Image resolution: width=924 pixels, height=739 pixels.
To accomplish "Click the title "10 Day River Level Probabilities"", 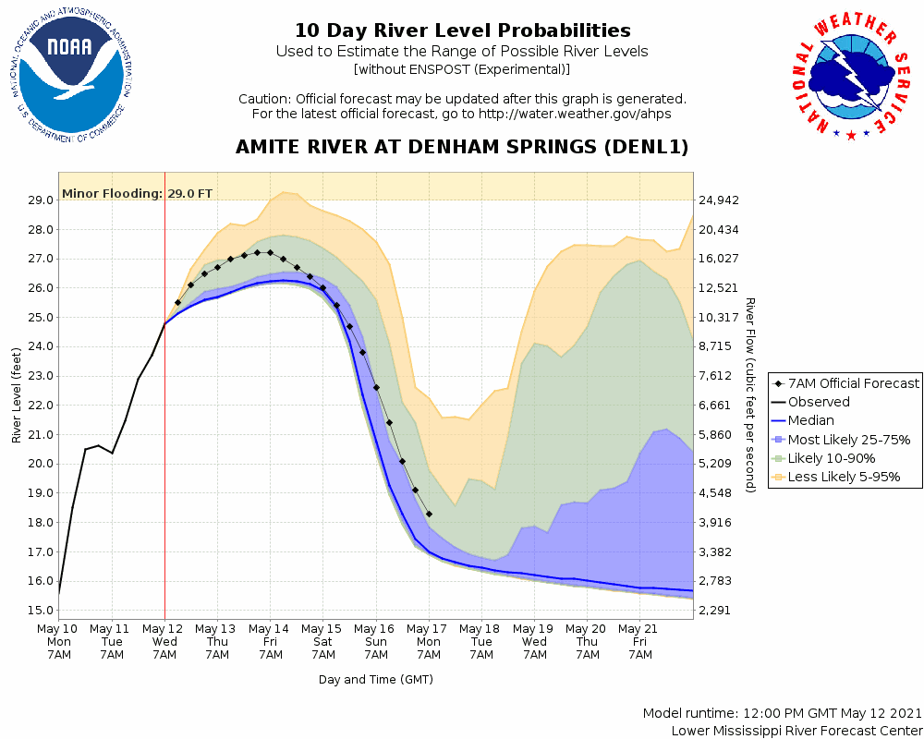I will [462, 31].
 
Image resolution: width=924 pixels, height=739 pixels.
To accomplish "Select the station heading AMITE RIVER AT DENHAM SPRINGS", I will [462, 148].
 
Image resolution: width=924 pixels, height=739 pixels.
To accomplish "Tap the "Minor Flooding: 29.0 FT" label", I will [137, 194].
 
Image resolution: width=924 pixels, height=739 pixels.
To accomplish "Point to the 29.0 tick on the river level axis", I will [40, 200].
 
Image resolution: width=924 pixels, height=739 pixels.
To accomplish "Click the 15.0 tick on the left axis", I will [40, 611].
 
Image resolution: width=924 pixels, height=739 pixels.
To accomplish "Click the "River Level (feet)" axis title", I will [17, 394].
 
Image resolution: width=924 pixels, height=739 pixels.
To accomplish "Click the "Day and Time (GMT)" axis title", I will [376, 680].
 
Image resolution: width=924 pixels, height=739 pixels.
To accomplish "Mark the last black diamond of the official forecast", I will [429, 514].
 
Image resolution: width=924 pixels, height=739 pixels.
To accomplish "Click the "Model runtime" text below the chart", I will [782, 714].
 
